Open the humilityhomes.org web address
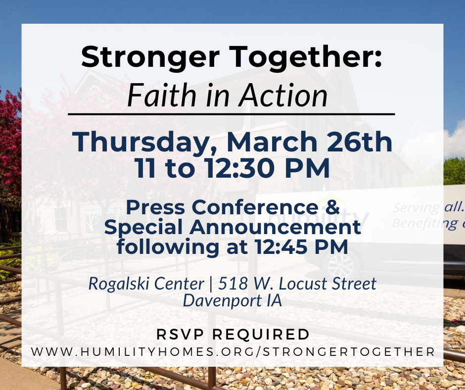click(232, 352)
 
